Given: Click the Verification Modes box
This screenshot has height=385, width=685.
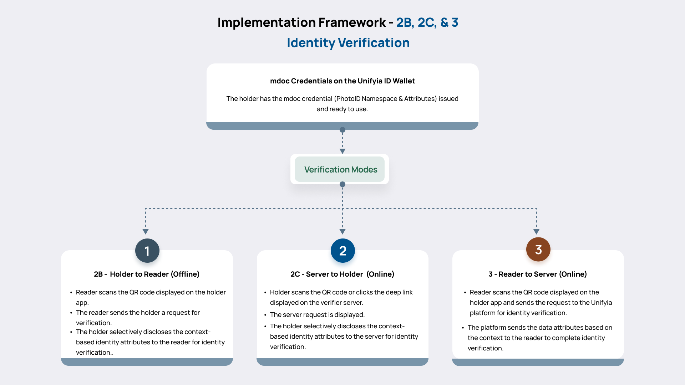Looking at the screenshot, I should [x=340, y=169].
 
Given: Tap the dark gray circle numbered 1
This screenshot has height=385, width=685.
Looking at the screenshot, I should [x=147, y=251].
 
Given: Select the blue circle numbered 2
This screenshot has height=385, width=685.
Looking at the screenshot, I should [x=342, y=251].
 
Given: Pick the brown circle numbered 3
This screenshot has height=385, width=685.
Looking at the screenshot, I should [x=538, y=250].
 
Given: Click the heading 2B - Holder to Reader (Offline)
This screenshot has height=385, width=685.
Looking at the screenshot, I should [x=147, y=274].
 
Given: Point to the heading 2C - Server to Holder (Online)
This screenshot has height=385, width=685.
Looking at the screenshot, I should [x=342, y=274].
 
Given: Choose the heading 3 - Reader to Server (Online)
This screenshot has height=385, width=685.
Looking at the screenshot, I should [x=537, y=274].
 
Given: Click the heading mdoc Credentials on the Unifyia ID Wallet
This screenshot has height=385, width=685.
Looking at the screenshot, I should [x=342, y=81].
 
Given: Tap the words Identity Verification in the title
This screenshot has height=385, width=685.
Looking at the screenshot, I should [x=348, y=43].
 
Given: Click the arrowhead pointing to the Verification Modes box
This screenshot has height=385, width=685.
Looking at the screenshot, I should [x=342, y=151].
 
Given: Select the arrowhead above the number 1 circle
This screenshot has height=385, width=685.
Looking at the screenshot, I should [x=146, y=232].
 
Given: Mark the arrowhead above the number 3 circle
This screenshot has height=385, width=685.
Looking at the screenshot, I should [x=536, y=232].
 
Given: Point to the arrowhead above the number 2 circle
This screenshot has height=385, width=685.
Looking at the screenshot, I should [x=342, y=232].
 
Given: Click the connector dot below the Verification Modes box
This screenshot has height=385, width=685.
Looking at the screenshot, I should [x=342, y=184].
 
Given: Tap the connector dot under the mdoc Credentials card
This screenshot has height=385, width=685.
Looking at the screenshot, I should [x=342, y=130].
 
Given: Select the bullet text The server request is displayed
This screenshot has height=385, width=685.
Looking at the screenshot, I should [x=317, y=315].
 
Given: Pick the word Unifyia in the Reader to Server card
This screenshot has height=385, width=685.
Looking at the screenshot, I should [x=601, y=303].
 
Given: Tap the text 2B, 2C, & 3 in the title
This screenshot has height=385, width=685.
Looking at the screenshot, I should [x=427, y=22].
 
